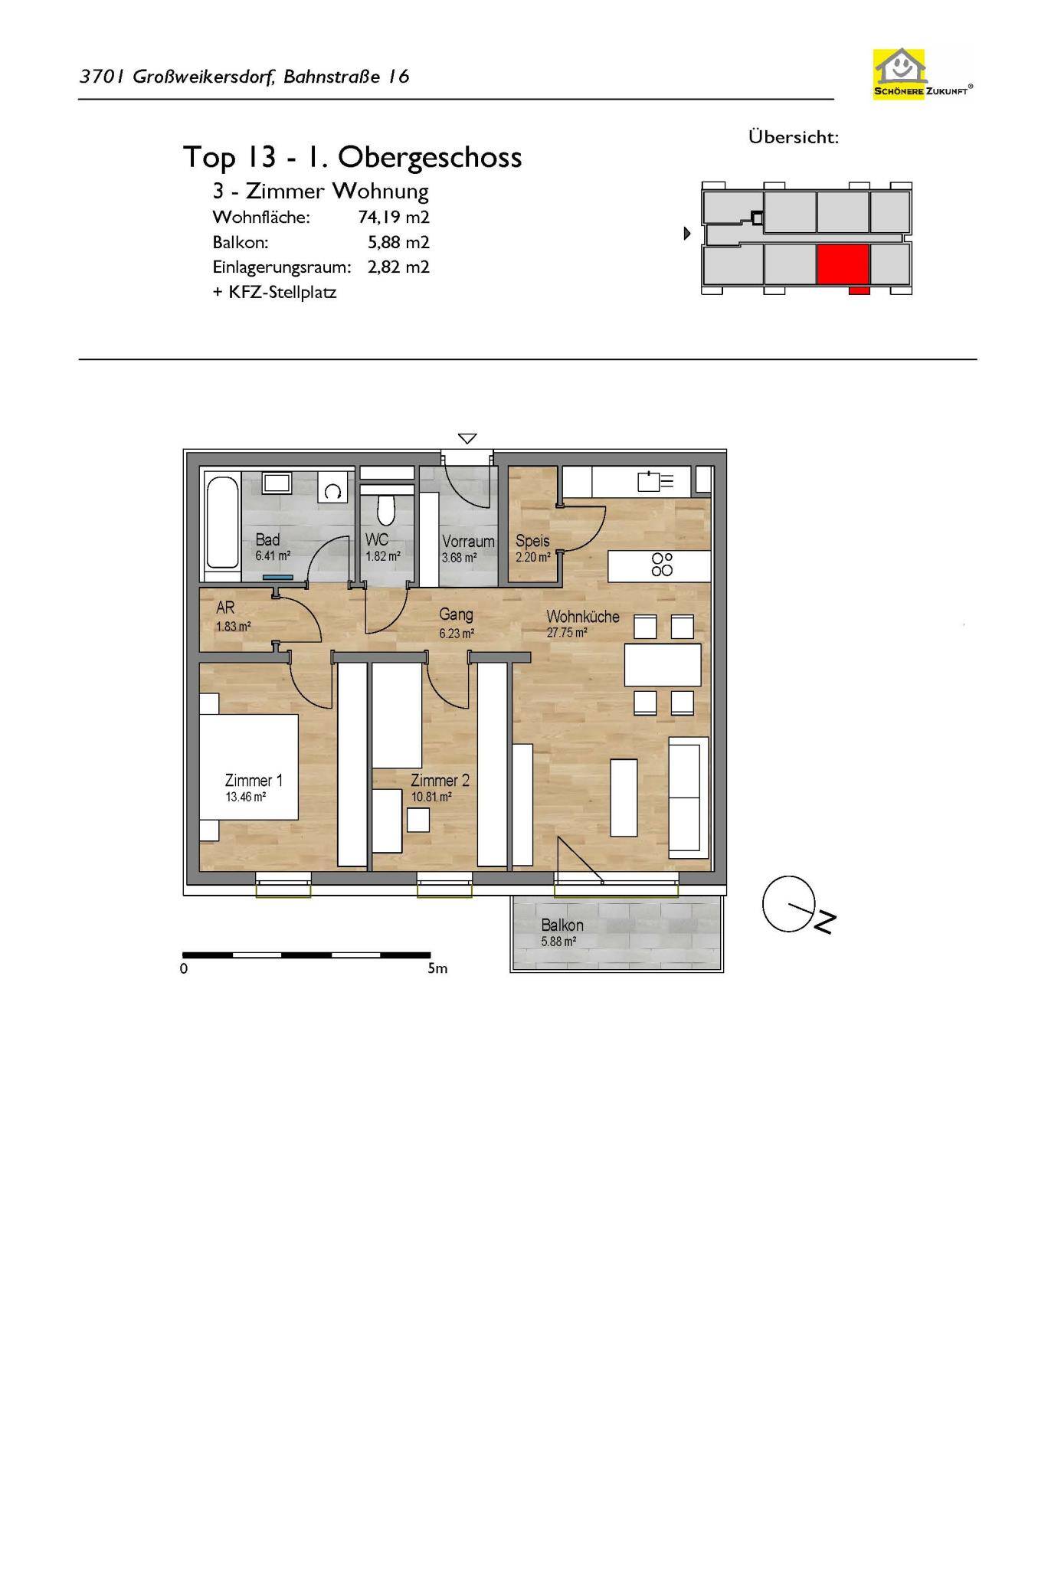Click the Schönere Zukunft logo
click(x=922, y=73)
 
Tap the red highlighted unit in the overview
click(x=843, y=264)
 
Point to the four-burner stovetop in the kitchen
click(x=662, y=565)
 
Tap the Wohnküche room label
click(x=583, y=617)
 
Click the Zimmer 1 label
click(x=254, y=781)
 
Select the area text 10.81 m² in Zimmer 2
click(x=431, y=797)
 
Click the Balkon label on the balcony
click(x=562, y=925)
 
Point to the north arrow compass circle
click(x=788, y=904)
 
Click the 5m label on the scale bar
click(x=437, y=968)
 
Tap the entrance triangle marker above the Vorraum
click(x=467, y=439)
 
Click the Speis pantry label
click(x=532, y=541)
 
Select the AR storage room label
click(x=225, y=608)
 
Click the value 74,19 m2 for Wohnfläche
click(x=394, y=218)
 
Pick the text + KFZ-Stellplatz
click(x=274, y=292)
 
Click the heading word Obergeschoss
click(x=430, y=158)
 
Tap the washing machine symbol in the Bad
click(x=333, y=488)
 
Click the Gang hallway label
click(x=456, y=614)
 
